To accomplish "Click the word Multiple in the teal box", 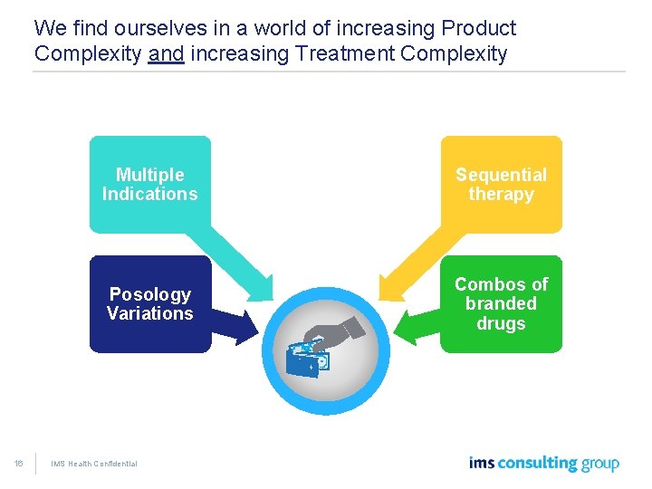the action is pos(149,175).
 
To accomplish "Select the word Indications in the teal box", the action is pos(149,194).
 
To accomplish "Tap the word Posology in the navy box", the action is pos(149,294).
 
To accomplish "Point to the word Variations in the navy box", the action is pos(149,313).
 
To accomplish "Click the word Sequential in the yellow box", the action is pos(501,175).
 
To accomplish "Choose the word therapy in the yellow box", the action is pos(501,194).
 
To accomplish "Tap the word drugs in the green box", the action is pos(501,323).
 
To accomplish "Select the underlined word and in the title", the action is pos(166,53).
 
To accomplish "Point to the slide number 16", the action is pos(19,464).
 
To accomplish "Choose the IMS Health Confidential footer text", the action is pos(93,464).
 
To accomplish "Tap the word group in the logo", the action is pos(600,465).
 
